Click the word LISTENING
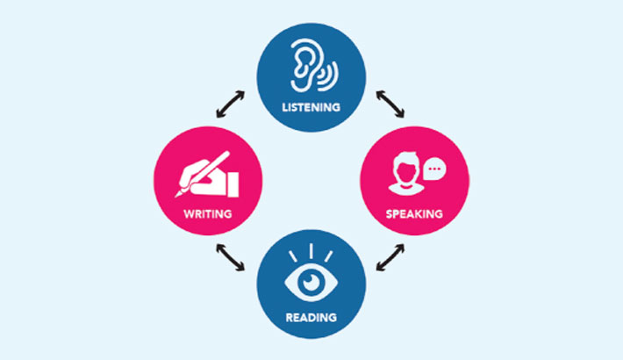tap(311, 107)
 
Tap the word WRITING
tap(208, 214)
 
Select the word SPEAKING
tap(414, 214)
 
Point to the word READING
tap(311, 318)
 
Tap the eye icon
tap(311, 282)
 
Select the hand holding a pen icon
tap(206, 175)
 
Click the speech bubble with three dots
tap(434, 169)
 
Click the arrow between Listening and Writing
tap(231, 104)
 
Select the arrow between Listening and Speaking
tap(390, 104)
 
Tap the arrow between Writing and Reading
tap(231, 257)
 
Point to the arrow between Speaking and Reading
tap(390, 257)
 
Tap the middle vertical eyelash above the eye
tap(311, 251)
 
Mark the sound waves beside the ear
tap(331, 76)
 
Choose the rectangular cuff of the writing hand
tap(233, 184)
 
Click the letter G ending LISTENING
tap(336, 107)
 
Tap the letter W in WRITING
tap(189, 214)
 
